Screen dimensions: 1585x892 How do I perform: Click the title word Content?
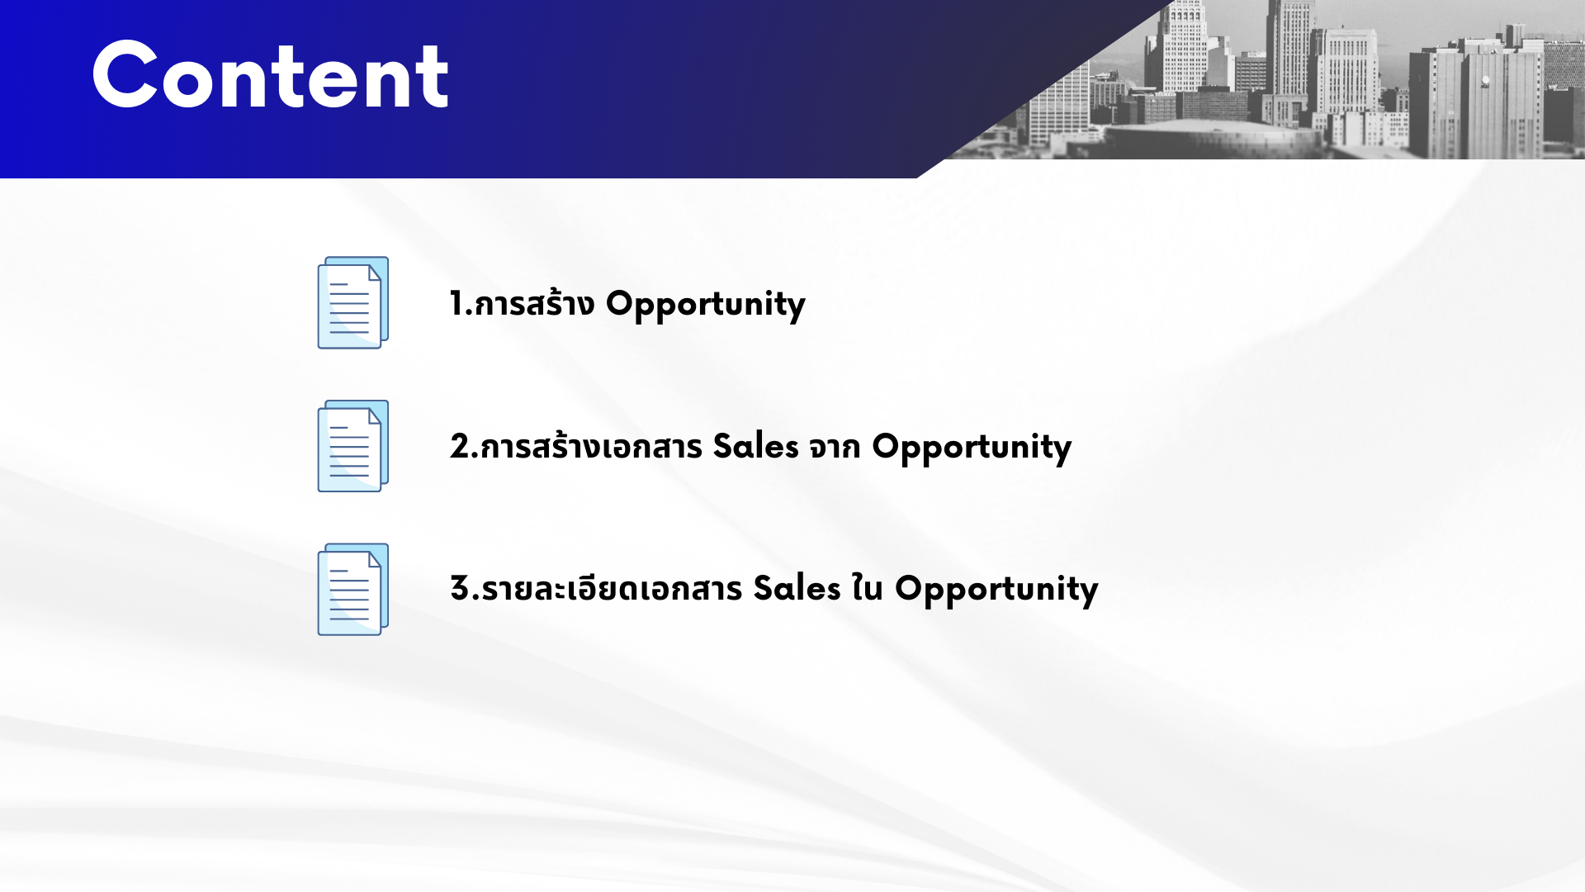[x=271, y=76]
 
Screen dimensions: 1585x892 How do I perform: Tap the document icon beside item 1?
[x=353, y=302]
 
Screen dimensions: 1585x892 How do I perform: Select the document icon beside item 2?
[x=353, y=446]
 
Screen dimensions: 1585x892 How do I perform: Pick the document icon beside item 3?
[x=353, y=589]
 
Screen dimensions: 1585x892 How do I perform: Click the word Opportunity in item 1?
[x=706, y=305]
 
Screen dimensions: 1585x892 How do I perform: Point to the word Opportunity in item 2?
[x=972, y=448]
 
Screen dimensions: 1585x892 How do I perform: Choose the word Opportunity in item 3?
[x=996, y=590]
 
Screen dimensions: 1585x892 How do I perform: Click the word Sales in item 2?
[x=755, y=446]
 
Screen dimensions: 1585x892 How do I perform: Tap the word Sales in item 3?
[x=797, y=588]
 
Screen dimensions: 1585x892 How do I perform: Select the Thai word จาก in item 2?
[x=835, y=448]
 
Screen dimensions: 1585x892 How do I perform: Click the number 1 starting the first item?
[x=456, y=303]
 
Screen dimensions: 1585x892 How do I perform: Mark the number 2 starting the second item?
[x=459, y=446]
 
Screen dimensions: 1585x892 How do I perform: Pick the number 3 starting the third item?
[x=459, y=588]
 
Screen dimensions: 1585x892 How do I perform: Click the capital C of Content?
[x=125, y=75]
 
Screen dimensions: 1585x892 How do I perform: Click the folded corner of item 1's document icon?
[x=375, y=273]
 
